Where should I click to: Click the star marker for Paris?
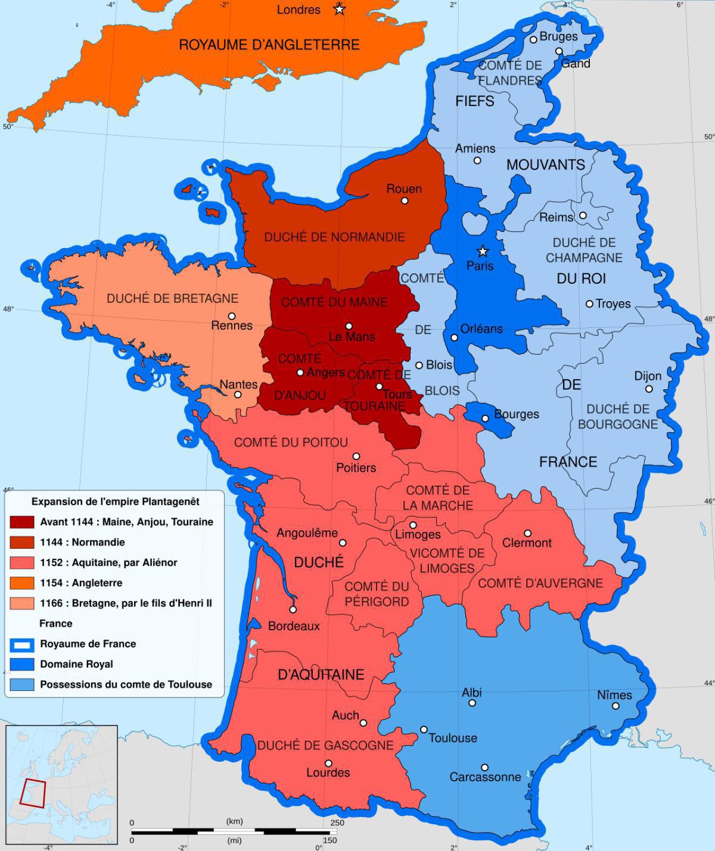[483, 251]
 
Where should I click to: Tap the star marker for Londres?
[339, 9]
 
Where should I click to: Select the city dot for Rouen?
[405, 201]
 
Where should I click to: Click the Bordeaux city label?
[294, 626]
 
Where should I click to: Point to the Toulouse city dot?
[424, 729]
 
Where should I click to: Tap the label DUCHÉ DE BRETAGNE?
[172, 298]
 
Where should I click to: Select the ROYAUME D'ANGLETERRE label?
[269, 45]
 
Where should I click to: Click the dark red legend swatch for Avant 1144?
[22, 522]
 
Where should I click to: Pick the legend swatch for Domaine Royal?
[22, 664]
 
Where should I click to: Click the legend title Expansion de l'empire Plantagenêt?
[115, 501]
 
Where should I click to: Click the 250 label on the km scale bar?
[337, 822]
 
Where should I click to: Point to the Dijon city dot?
[649, 389]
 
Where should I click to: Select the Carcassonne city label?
[485, 777]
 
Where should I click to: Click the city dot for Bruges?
[534, 40]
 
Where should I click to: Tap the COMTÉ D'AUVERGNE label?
[540, 583]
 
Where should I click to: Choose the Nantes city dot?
[238, 395]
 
